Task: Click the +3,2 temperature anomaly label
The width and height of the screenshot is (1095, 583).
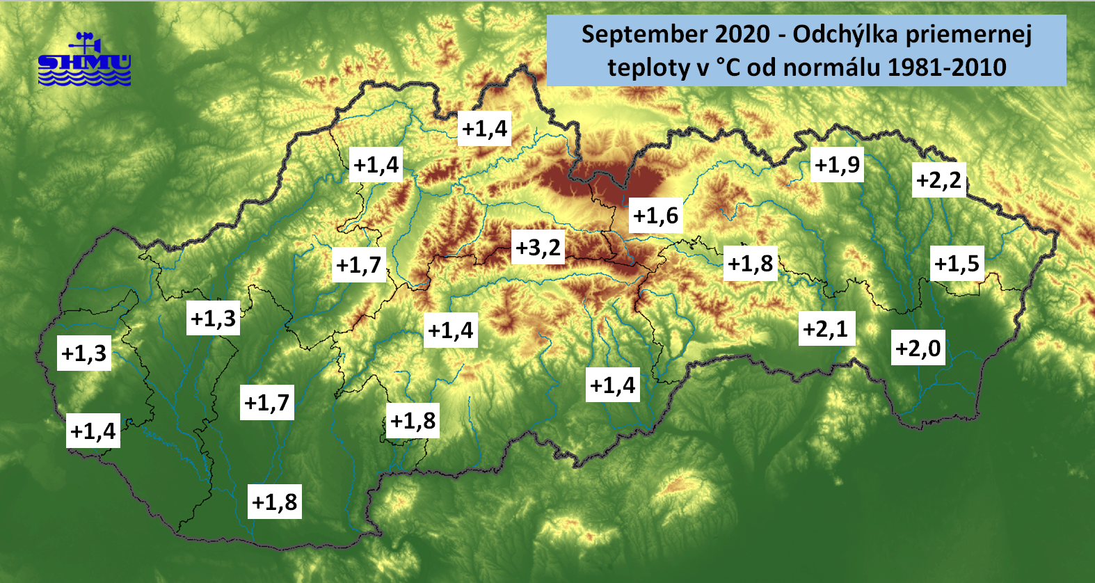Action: click(x=538, y=247)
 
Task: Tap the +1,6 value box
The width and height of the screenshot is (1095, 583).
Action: click(x=655, y=215)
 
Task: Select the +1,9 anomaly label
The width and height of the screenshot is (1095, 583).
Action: click(x=837, y=165)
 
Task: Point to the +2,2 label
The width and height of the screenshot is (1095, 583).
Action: click(x=938, y=180)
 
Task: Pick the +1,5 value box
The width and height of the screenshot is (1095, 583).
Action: click(x=957, y=264)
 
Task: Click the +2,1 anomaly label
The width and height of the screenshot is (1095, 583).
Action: click(x=826, y=328)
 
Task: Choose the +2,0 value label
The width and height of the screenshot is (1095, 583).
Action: click(x=918, y=348)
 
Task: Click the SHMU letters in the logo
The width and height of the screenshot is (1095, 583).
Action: click(x=84, y=63)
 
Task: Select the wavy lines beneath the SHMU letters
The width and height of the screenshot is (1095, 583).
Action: click(x=84, y=79)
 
